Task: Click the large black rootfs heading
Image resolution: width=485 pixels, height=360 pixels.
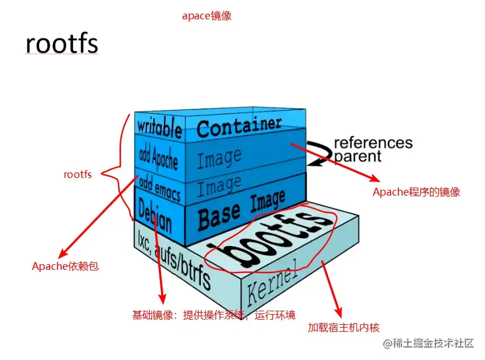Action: (x=62, y=44)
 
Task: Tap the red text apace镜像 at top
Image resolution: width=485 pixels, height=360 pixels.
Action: (x=206, y=16)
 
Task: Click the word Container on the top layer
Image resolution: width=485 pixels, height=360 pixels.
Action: (x=239, y=126)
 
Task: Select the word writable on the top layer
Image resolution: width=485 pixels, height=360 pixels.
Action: (x=159, y=127)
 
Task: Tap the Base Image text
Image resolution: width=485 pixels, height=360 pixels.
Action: (x=242, y=209)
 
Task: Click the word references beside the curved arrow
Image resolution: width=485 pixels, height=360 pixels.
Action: (x=373, y=143)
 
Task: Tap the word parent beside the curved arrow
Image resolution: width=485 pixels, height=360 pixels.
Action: (x=358, y=156)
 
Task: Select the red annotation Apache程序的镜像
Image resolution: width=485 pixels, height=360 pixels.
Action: (x=416, y=192)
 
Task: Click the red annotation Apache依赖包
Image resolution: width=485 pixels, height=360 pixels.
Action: (x=65, y=266)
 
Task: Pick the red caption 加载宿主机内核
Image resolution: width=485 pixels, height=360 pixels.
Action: (x=344, y=327)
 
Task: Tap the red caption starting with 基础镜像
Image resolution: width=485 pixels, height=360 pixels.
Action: (x=214, y=315)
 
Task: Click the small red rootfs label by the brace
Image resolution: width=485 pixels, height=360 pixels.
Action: (x=78, y=175)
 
